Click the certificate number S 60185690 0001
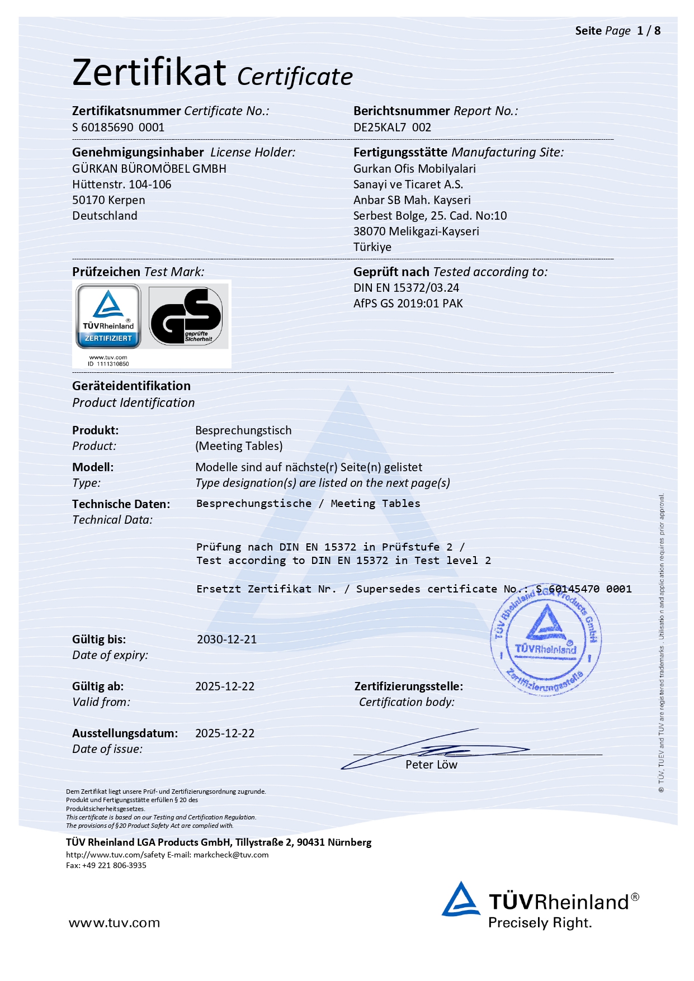118,127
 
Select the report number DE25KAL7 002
392,127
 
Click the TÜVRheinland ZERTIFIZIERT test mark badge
108,316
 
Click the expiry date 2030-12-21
226,639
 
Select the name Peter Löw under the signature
431,765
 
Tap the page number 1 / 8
649,31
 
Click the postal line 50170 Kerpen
108,200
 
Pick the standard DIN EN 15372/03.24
406,288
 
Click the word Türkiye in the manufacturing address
372,247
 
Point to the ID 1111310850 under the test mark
108,364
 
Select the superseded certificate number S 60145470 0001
583,589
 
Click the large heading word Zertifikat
149,73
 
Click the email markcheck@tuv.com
231,855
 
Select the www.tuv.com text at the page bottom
114,923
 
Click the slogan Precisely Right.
540,923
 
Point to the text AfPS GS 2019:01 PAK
408,304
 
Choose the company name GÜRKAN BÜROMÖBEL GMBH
149,169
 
